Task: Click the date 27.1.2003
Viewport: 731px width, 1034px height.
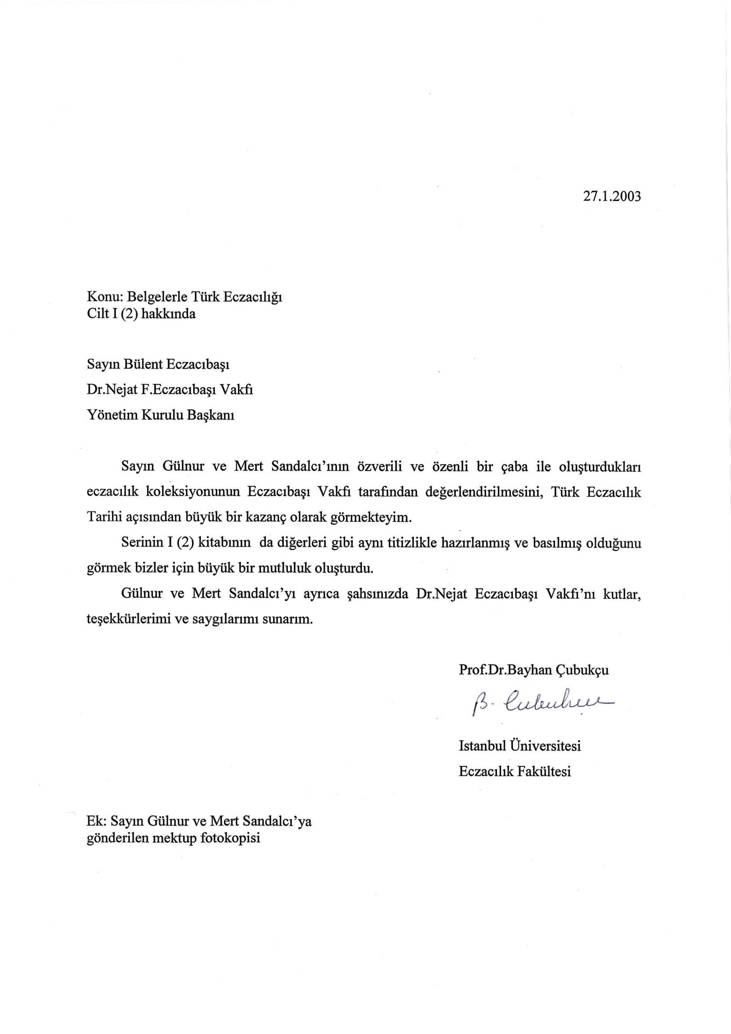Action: click(612, 196)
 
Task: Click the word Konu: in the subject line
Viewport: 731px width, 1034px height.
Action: click(106, 297)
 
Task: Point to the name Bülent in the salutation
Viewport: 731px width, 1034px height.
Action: click(143, 364)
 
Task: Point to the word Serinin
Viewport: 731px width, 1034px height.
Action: click(142, 543)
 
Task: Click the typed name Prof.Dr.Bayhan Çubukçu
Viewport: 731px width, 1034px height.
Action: click(533, 670)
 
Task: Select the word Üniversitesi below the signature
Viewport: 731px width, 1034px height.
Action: click(545, 746)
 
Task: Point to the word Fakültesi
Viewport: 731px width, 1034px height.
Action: click(544, 772)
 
